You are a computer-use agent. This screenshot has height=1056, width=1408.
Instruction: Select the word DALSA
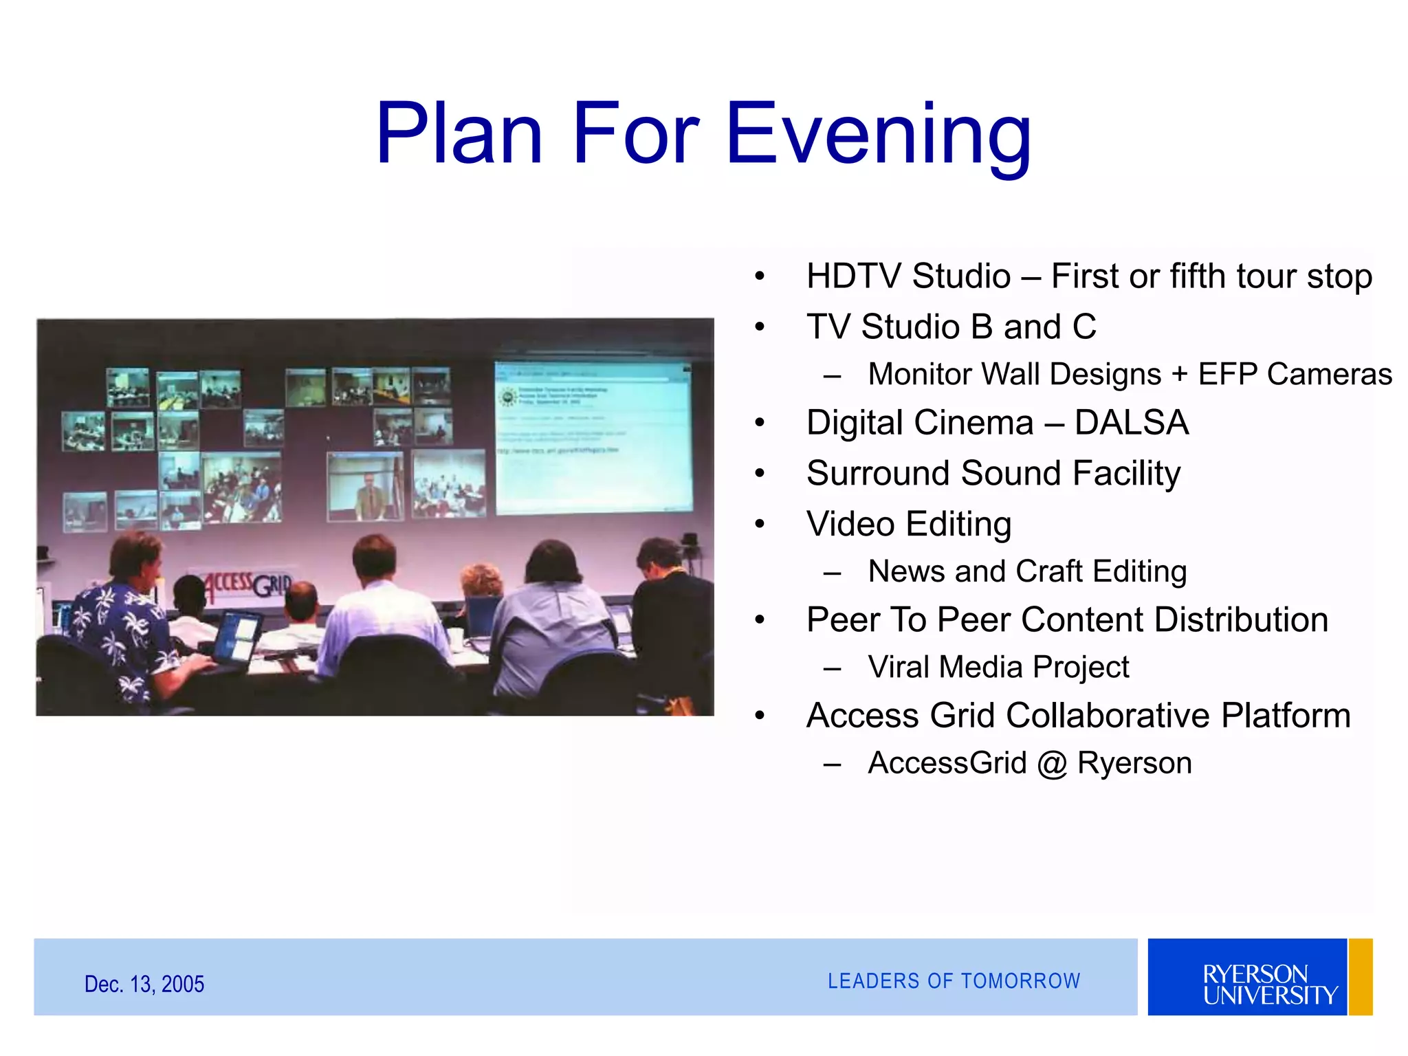[x=1132, y=423]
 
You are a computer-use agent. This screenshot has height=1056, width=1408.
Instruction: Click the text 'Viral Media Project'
[x=998, y=667]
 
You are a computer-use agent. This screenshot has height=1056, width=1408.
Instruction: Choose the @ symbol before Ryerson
[x=1052, y=764]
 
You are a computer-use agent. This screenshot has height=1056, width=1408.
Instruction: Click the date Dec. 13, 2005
[x=144, y=984]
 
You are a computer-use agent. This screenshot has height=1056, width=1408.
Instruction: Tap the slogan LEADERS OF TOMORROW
[x=954, y=981]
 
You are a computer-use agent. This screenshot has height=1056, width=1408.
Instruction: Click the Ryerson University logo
[x=1247, y=977]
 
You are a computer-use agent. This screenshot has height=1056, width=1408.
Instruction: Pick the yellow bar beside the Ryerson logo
[x=1361, y=977]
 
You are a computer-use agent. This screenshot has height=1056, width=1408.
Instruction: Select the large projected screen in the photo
[x=593, y=438]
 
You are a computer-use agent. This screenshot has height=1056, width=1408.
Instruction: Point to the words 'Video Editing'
[x=909, y=525]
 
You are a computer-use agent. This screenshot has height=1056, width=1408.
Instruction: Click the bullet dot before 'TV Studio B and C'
[x=760, y=327]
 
